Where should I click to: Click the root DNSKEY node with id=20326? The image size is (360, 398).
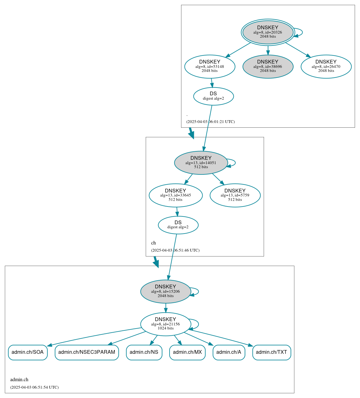click(x=268, y=32)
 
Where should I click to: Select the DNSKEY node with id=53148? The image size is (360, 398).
click(x=210, y=66)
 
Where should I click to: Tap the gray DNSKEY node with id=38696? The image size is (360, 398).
click(x=268, y=66)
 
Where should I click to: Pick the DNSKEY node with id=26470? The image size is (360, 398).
click(x=326, y=66)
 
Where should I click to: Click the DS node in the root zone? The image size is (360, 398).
click(x=213, y=96)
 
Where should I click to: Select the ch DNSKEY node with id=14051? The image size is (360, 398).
click(x=201, y=163)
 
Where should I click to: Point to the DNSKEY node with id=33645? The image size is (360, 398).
click(x=175, y=195)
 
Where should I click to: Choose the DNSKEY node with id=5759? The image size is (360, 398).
click(x=235, y=195)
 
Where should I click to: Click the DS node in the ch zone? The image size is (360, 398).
click(x=178, y=225)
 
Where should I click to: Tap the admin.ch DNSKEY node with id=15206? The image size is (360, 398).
click(x=166, y=291)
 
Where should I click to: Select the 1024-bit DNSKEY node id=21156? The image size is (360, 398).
click(x=166, y=324)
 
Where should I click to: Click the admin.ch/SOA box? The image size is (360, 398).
click(x=28, y=352)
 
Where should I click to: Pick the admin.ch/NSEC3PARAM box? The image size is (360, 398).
click(x=87, y=352)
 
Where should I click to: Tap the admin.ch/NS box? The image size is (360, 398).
click(x=144, y=352)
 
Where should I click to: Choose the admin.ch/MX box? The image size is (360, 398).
click(x=187, y=352)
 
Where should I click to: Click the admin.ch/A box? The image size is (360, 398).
click(x=229, y=352)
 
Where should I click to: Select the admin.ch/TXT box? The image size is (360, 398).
click(x=271, y=352)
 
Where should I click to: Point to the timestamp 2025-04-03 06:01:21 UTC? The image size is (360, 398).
click(x=210, y=122)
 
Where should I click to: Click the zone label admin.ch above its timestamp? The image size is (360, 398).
click(x=19, y=380)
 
